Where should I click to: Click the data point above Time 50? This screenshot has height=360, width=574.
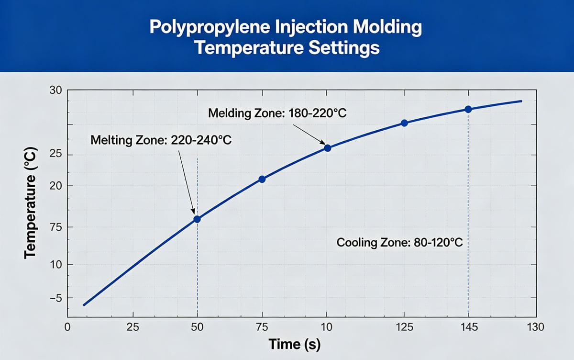click(197, 219)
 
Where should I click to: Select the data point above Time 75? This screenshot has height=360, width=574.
click(262, 179)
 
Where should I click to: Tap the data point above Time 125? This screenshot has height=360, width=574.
click(404, 123)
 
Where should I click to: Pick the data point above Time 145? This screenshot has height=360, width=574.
click(468, 109)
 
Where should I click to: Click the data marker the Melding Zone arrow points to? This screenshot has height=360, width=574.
click(328, 148)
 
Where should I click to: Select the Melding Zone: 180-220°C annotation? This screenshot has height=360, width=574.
click(277, 113)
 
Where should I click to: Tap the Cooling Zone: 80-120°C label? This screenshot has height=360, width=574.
click(399, 242)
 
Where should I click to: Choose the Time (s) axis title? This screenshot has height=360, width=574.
click(294, 344)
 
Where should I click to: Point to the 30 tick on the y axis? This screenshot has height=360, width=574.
click(55, 90)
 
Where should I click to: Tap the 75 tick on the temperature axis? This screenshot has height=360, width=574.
click(55, 227)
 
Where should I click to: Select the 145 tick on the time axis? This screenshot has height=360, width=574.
click(468, 327)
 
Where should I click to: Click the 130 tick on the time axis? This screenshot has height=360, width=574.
click(534, 327)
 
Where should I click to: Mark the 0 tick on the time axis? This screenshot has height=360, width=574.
click(67, 327)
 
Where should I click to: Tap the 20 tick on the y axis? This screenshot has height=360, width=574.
click(55, 186)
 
